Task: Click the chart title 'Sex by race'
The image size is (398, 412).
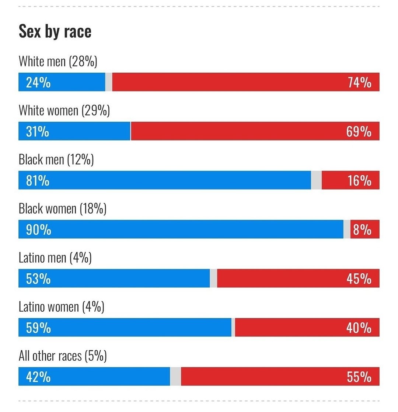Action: [55, 31]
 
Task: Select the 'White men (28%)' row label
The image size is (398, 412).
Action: [58, 62]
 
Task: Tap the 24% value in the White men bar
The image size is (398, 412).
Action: [38, 82]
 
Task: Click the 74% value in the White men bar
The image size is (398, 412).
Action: [359, 82]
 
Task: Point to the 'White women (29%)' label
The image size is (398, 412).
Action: [64, 111]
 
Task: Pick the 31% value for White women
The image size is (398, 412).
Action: [38, 131]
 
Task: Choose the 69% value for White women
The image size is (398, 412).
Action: [359, 131]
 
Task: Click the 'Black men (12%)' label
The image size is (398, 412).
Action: [56, 160]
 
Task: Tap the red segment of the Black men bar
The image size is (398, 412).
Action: [350, 180]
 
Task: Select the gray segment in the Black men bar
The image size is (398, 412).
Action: [316, 180]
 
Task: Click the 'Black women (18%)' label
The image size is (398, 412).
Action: [63, 209]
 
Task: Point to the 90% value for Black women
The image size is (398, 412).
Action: [39, 230]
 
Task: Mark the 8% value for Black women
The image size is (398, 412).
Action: [362, 230]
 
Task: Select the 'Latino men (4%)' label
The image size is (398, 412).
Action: [55, 258]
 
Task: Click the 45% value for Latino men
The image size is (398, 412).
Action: [359, 278]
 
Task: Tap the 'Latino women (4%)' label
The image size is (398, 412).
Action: [62, 307]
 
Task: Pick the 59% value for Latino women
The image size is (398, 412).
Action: [38, 328]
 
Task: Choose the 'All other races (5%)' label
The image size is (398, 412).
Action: [63, 356]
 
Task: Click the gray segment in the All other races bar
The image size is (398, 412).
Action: [175, 376]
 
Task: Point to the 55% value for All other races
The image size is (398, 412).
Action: [359, 377]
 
